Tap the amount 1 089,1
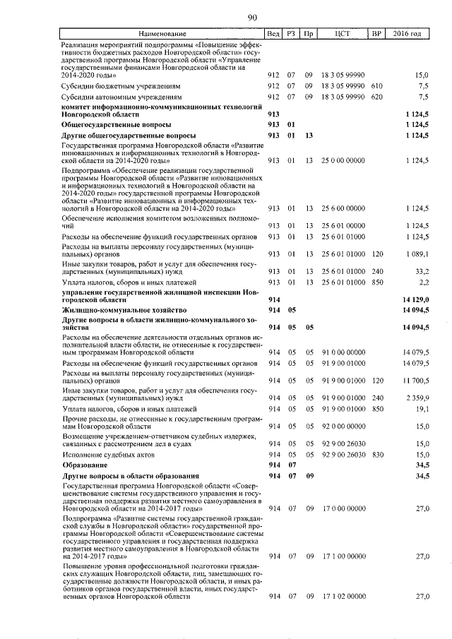tap(415, 253)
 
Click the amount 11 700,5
tap(415, 379)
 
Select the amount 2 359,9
tap(416, 398)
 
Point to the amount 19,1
tap(421, 409)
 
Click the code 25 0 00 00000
tap(343, 161)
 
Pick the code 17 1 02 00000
tap(343, 597)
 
